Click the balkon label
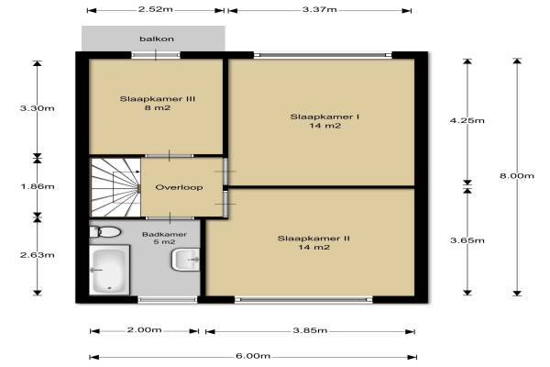157,39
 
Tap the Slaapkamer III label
158,99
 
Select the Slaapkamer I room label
324,117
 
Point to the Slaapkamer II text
313,239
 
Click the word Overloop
179,187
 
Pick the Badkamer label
164,234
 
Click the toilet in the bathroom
104,232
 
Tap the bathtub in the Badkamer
109,270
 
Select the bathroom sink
185,260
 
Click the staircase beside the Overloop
115,187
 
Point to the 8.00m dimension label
517,175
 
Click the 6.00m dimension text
253,356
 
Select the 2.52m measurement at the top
156,9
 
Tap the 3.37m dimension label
320,9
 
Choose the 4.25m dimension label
467,120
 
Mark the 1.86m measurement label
38,186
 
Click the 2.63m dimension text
38,255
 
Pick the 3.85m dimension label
310,330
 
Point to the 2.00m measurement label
144,329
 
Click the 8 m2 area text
158,108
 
